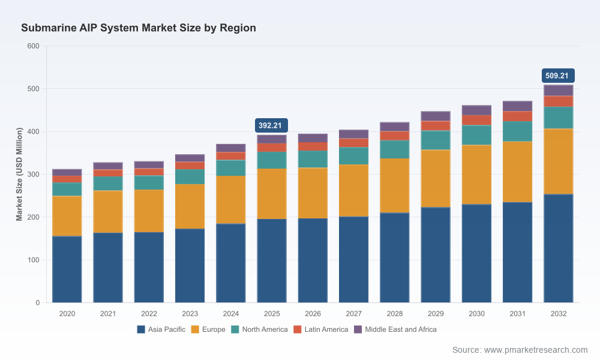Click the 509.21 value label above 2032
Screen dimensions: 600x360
(558, 76)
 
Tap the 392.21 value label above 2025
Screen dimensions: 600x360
(271, 125)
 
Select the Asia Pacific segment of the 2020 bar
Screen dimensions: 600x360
(67, 269)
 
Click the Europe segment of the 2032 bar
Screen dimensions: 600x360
(558, 161)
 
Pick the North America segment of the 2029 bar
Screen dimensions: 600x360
(436, 140)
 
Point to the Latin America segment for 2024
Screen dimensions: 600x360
(231, 156)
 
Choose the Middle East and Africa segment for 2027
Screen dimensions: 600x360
(353, 134)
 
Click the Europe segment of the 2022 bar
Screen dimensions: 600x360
(149, 211)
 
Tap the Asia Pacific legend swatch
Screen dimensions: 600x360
(141, 329)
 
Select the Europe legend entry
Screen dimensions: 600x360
(208, 329)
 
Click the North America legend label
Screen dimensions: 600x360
(265, 329)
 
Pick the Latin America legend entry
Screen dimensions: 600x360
(320, 329)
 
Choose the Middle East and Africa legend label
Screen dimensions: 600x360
(401, 329)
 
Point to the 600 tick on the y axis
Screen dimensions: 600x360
(33, 46)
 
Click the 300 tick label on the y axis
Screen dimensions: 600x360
(33, 175)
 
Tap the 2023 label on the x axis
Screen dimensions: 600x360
(190, 314)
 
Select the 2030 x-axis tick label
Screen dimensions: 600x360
(476, 314)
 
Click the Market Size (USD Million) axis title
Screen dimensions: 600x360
(19, 174)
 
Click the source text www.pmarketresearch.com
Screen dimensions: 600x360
(536, 350)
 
